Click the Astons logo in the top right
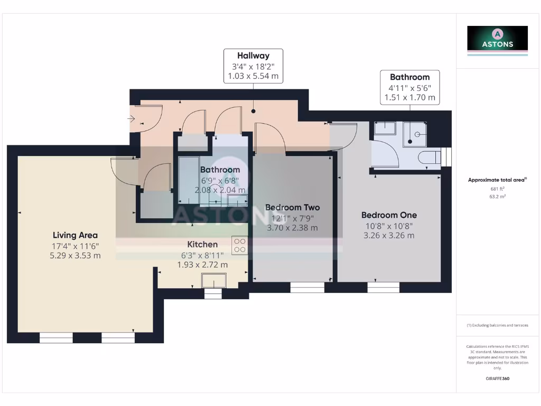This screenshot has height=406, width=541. click(497, 40)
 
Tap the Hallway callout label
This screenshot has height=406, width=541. click(253, 56)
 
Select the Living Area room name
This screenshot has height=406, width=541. click(75, 235)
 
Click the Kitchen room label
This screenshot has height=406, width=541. click(202, 244)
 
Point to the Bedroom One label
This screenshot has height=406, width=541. click(389, 215)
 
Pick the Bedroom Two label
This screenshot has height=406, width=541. click(292, 207)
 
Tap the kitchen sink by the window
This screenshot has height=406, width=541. click(213, 280)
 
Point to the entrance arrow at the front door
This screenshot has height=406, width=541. click(131, 119)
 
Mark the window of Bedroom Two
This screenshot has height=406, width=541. click(307, 287)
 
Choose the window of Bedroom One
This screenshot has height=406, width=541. click(384, 287)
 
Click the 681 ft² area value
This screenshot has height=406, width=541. click(497, 189)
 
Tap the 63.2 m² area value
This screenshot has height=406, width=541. click(497, 196)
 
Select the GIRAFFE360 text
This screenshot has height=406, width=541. click(497, 379)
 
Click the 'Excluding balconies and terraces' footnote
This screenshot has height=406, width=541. click(497, 325)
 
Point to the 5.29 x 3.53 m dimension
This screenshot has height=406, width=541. click(75, 256)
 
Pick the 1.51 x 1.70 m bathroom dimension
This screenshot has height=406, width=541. click(409, 97)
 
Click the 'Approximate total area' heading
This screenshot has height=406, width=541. click(497, 180)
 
